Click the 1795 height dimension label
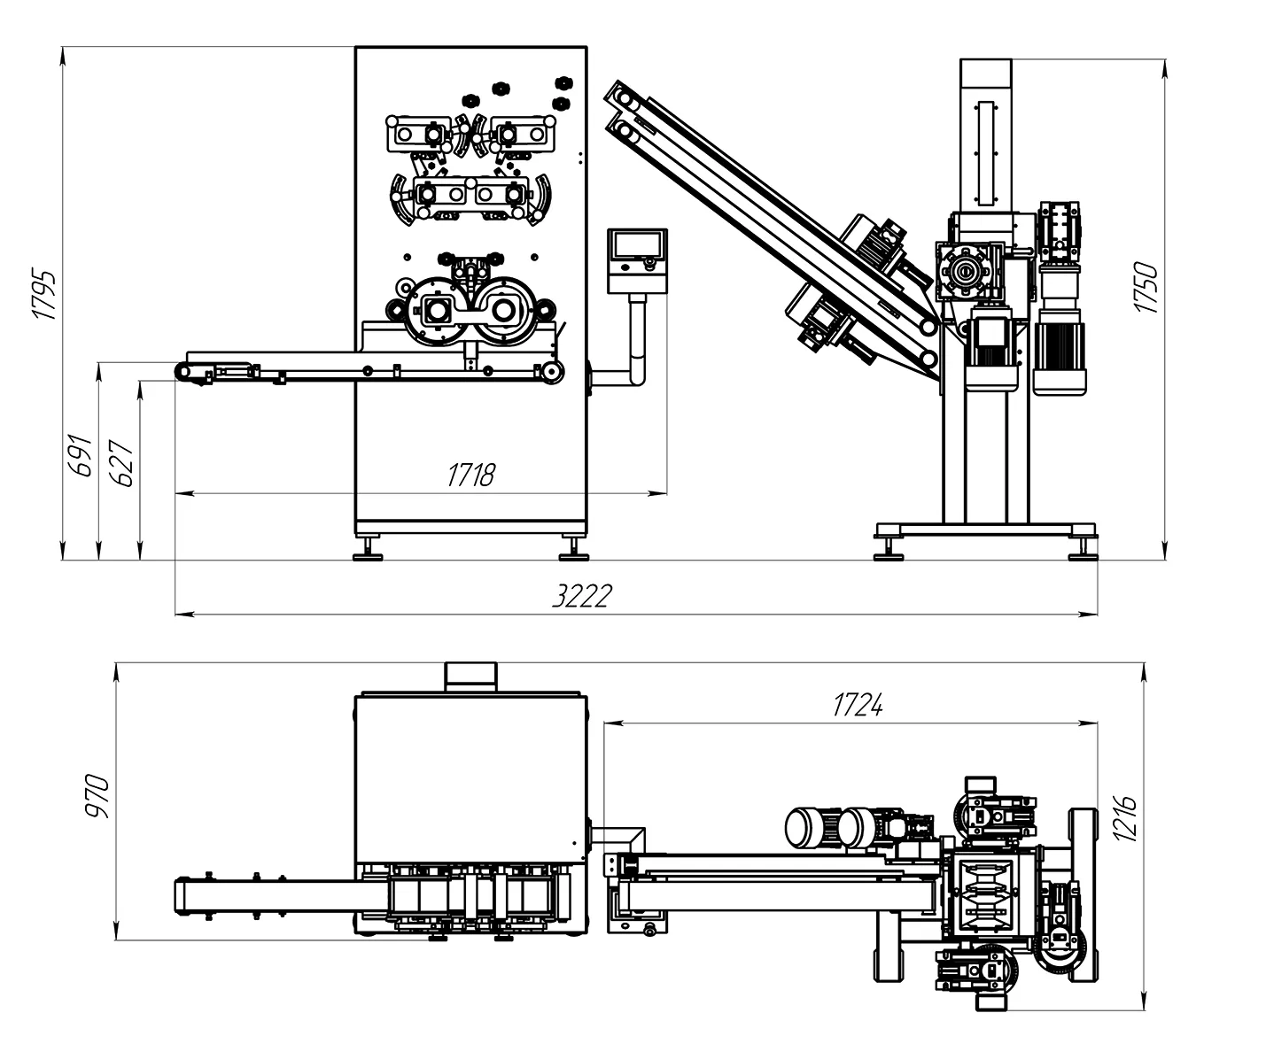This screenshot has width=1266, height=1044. [x=45, y=295]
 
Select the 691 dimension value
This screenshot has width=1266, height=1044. [x=80, y=455]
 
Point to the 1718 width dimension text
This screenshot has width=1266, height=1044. [x=471, y=475]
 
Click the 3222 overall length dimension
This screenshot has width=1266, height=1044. [x=582, y=596]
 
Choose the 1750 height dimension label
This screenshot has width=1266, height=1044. [x=1146, y=287]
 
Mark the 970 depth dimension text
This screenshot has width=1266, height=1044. [x=97, y=796]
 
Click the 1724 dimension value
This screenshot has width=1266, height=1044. [x=858, y=705]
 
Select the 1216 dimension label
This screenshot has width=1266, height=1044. [x=1125, y=818]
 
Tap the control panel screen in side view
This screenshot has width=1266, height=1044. [x=637, y=246]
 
